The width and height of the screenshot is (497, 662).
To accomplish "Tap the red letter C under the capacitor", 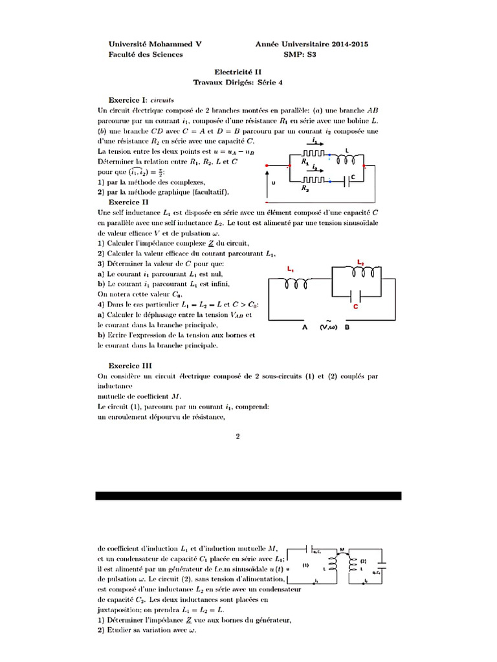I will point(355,308).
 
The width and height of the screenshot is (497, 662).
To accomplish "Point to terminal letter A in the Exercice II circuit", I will point(305,328).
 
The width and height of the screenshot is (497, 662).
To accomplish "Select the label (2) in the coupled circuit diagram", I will point(363,561).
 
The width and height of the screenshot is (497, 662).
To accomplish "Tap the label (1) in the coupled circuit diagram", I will point(305,564).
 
